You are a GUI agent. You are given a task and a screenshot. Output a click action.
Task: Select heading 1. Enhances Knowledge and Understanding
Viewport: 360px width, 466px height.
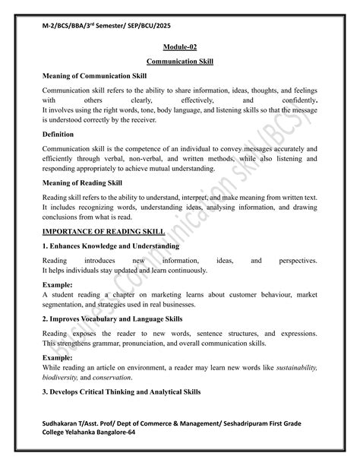click(110, 246)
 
